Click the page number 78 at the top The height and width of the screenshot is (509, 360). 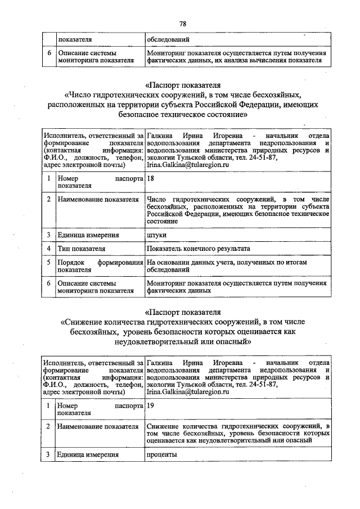pyautogui.click(x=182, y=24)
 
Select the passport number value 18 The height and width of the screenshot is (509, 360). pyautogui.click(x=151, y=178)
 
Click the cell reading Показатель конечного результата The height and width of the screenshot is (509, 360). pyautogui.click(x=199, y=248)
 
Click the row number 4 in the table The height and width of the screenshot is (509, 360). pyautogui.click(x=49, y=248)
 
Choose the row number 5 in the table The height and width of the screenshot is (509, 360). pyautogui.click(x=49, y=262)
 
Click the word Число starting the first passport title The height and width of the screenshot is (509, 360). pyautogui.click(x=81, y=94)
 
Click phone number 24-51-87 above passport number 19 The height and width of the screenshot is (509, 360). pyautogui.click(x=260, y=384)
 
